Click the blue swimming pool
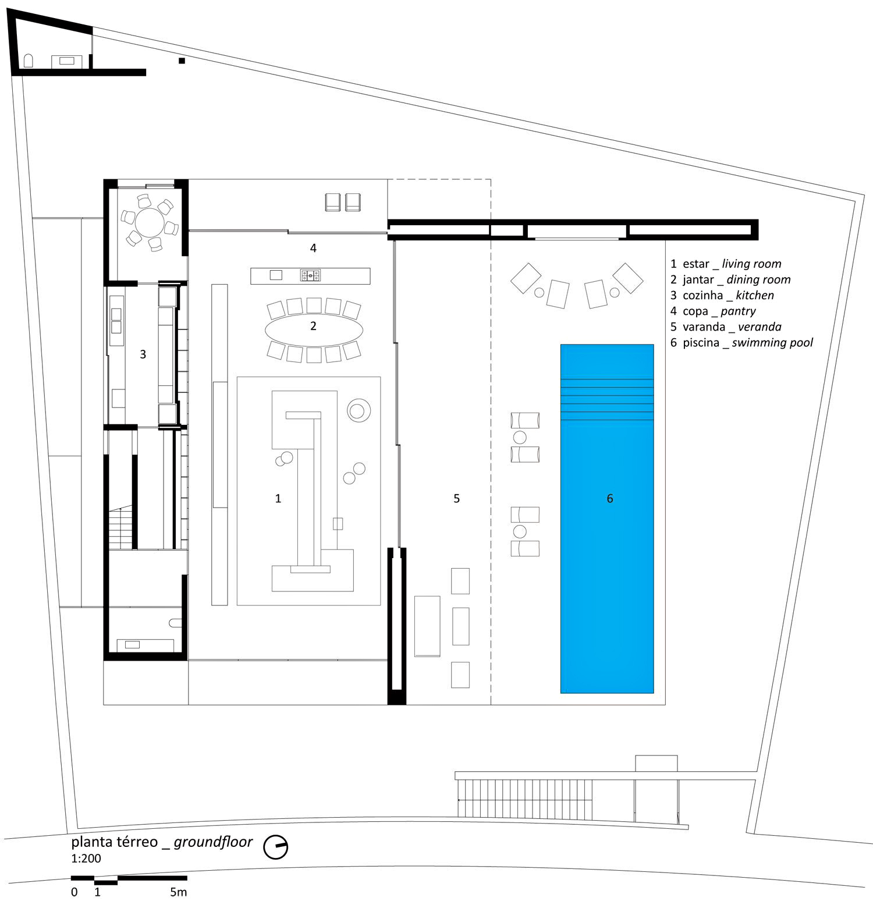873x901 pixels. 607,519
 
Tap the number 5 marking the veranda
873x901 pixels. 457,498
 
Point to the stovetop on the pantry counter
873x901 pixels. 310,275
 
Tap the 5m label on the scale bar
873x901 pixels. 179,892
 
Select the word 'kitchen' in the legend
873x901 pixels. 755,295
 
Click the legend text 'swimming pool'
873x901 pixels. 772,343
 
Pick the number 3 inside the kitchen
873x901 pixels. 143,354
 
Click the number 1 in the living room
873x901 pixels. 278,498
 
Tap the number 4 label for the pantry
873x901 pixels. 313,248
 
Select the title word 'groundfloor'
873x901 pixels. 213,842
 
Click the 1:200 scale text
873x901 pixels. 86,858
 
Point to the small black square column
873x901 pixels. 182,61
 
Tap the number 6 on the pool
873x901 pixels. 610,498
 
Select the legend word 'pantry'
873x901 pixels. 738,311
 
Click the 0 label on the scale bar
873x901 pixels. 74,892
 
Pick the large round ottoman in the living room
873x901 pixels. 360,410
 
